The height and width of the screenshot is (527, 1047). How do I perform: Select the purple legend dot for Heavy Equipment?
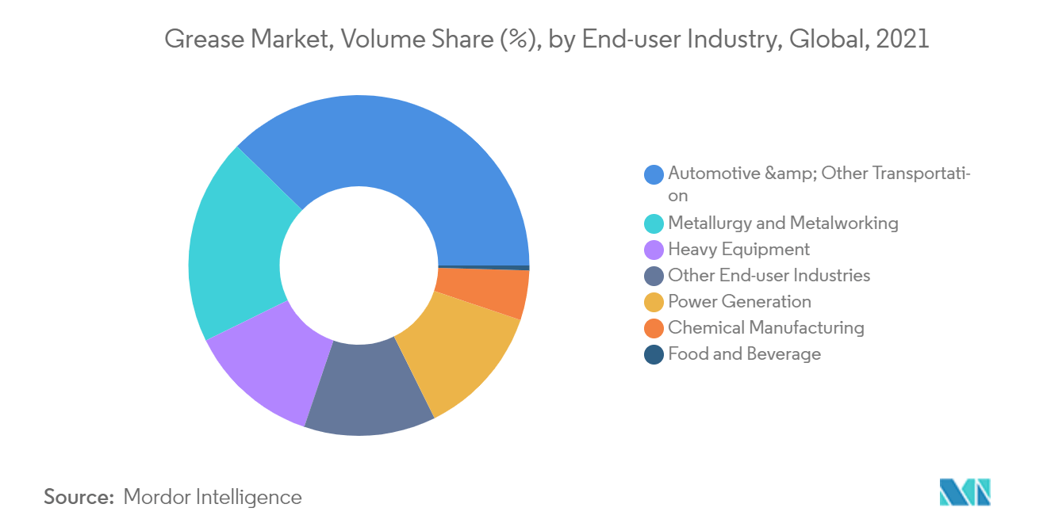click(x=654, y=250)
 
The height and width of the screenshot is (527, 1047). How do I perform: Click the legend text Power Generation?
click(x=739, y=302)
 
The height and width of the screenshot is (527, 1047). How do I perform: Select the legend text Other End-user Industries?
click(x=769, y=276)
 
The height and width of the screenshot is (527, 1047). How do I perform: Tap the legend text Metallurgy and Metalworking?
click(x=783, y=223)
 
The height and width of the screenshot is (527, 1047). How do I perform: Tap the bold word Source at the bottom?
click(x=79, y=498)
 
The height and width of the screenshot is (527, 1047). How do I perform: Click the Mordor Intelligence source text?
click(x=213, y=498)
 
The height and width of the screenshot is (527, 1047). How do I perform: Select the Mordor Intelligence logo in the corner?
click(x=965, y=492)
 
